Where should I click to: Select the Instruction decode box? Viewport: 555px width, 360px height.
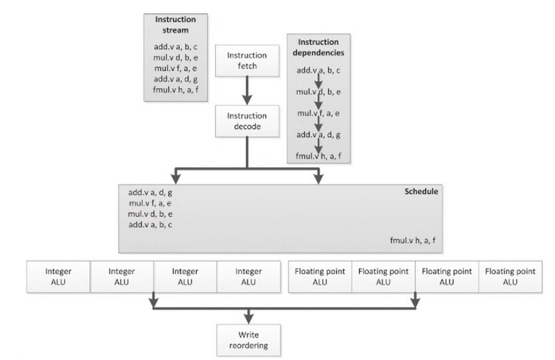pos(247,120)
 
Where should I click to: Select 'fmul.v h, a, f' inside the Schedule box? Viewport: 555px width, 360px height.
pos(413,241)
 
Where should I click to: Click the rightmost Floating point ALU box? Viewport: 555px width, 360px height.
pos(510,276)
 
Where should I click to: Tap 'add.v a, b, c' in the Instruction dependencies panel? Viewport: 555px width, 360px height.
pos(319,71)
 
